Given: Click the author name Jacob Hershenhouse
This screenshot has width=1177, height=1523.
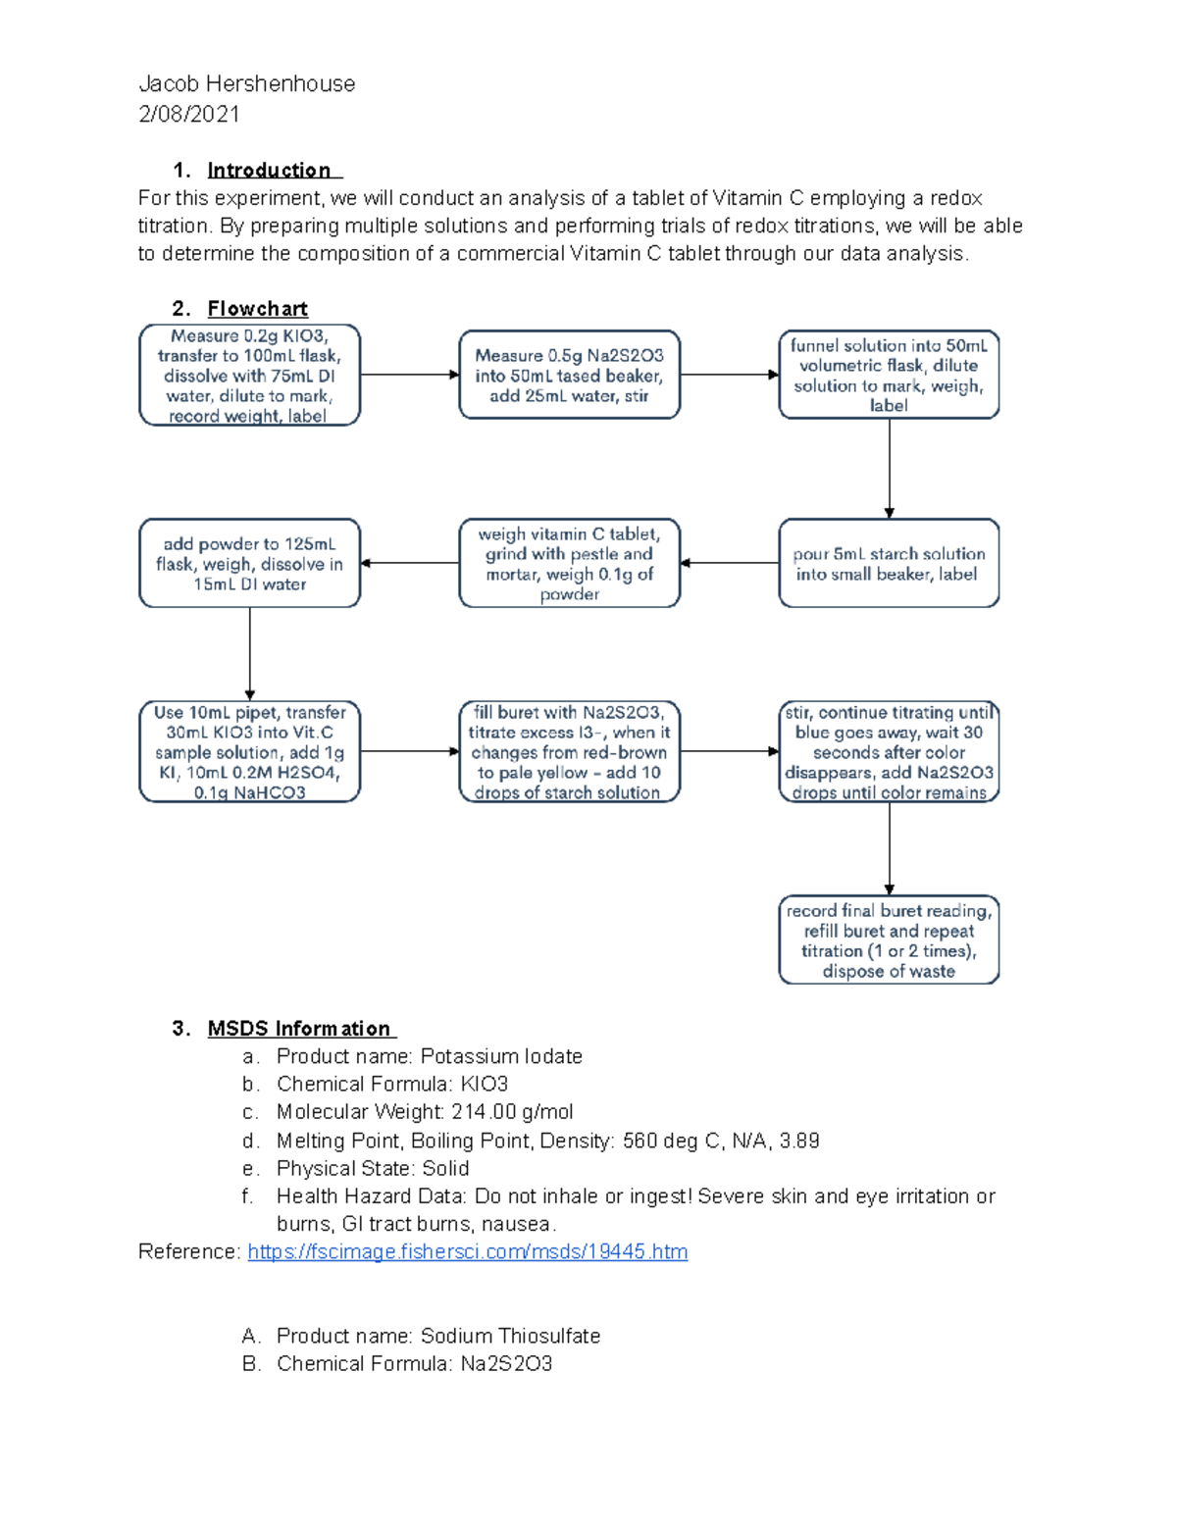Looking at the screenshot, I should (x=246, y=84).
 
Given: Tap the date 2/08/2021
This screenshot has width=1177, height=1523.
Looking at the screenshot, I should (x=189, y=114).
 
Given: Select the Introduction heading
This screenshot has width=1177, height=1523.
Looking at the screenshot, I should (x=270, y=170).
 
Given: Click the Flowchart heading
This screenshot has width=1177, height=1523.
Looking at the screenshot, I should (x=257, y=309).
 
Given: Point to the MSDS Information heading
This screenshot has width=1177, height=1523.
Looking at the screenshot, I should (x=299, y=1029).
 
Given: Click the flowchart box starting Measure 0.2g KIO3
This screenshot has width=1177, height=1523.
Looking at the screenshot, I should (x=249, y=376).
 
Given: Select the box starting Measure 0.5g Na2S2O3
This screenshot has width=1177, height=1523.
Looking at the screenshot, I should (x=569, y=376).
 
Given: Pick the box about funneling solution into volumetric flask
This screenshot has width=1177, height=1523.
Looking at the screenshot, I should (x=889, y=376).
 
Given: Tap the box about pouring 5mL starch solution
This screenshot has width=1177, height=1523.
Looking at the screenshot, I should (x=889, y=564).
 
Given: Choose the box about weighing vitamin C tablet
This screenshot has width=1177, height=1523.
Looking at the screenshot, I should (x=569, y=564).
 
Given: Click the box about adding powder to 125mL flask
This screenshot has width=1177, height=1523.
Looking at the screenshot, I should (x=249, y=564).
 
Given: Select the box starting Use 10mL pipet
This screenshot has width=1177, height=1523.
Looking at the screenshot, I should (x=249, y=752).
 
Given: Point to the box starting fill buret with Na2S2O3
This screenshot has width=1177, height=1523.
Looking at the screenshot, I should (x=569, y=752).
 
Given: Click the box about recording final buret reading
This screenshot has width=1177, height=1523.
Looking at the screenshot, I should (x=889, y=940).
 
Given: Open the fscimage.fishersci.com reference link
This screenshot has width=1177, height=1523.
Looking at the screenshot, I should (x=467, y=1252).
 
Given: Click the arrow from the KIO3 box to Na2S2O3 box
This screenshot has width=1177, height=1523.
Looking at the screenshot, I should (x=409, y=375).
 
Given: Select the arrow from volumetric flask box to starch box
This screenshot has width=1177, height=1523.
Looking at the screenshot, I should (x=890, y=468).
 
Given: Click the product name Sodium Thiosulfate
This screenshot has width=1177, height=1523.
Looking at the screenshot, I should (x=510, y=1336).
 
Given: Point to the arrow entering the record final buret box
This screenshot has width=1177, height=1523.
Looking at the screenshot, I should (x=890, y=848).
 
